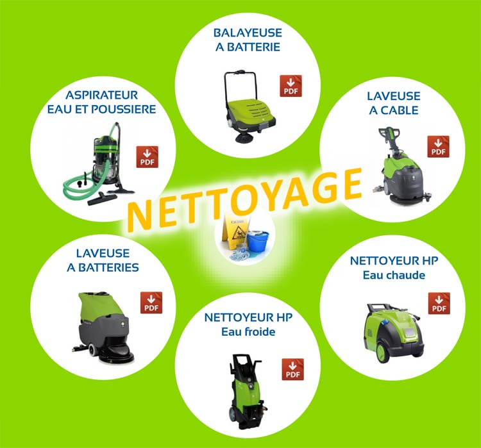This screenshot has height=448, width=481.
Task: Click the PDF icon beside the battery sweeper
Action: point(291,85)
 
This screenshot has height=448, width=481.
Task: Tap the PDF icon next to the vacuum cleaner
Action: point(148,156)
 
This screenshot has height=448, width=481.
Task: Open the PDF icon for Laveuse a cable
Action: point(439,146)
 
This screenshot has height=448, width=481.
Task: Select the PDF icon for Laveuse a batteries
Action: point(151,303)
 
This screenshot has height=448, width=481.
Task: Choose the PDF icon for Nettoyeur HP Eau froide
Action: point(293,369)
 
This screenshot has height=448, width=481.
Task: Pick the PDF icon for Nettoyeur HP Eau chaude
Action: point(439,303)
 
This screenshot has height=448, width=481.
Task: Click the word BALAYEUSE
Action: point(248,33)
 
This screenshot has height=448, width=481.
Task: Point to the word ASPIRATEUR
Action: point(101,95)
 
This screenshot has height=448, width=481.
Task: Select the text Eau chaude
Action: point(394,275)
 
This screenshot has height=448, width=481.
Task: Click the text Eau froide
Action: point(248,332)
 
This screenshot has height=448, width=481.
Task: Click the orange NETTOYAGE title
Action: point(245,199)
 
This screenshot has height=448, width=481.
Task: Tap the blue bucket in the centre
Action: point(258,241)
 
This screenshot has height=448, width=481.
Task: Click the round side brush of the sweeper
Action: point(244,138)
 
